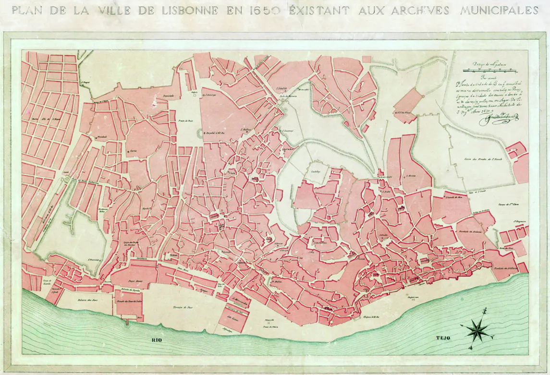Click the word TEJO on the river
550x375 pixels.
[435, 340]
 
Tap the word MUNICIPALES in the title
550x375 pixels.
[499, 10]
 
